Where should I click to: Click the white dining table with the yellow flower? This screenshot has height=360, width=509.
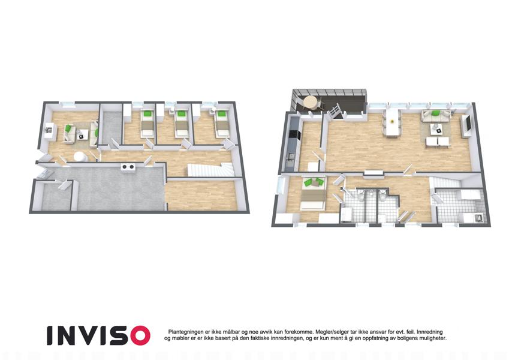click(392, 122)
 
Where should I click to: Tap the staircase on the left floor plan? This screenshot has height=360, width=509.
click(210, 170)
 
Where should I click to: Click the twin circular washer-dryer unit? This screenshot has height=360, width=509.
click(128, 167)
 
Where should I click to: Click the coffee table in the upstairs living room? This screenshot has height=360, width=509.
click(438, 130)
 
